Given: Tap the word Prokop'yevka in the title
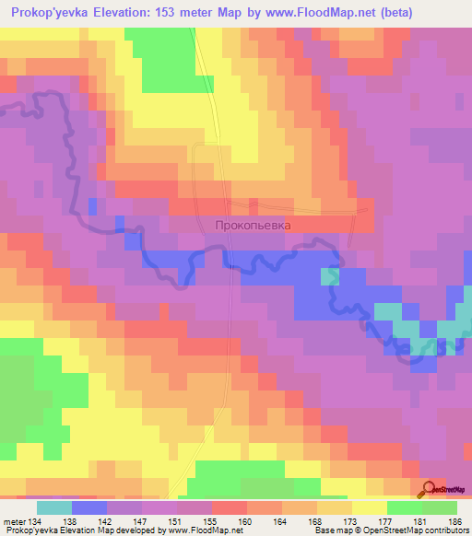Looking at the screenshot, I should (x=45, y=12).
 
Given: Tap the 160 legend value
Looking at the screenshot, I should (x=246, y=521).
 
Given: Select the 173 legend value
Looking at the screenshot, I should (x=350, y=521).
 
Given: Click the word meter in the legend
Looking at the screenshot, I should (x=13, y=521).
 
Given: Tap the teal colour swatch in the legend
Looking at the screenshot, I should (x=54, y=507).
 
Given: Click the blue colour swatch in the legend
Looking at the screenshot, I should (x=89, y=507).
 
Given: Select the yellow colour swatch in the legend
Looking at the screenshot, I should (x=370, y=507).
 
